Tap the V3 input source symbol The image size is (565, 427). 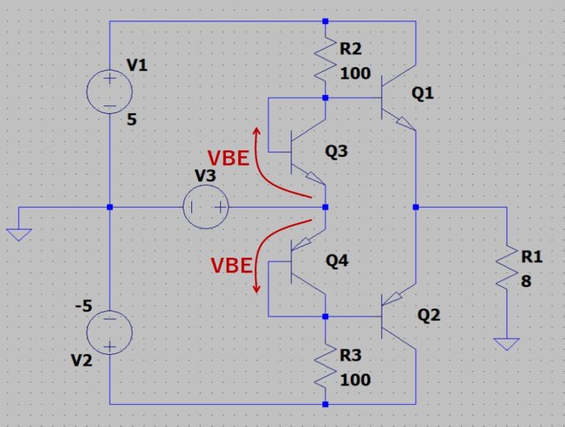point(206,207)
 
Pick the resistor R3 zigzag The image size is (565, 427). point(324,368)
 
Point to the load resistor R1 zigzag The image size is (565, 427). point(507,269)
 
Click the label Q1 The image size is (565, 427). point(424,93)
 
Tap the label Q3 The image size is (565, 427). point(338,152)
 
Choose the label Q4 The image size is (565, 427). point(338,260)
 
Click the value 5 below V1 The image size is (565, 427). point(132,120)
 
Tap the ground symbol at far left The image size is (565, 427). point(20,234)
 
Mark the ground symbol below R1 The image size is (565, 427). point(507,343)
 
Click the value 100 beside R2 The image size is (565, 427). point(355,74)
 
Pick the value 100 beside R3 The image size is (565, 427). point(355,381)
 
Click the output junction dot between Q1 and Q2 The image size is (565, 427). point(416,207)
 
